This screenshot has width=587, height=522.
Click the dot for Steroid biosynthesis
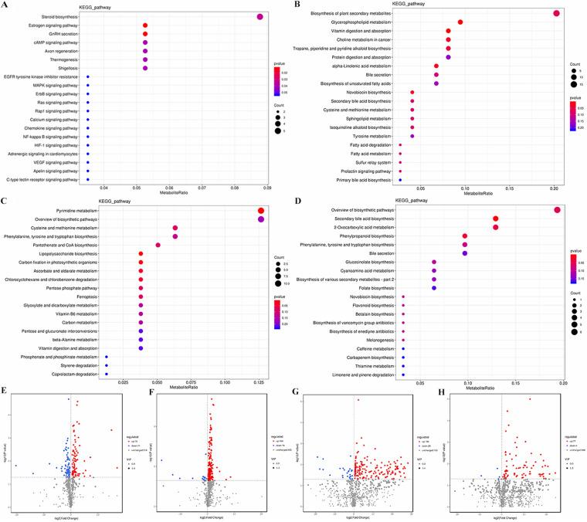[260, 17]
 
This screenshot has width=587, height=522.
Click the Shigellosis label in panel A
[68, 68]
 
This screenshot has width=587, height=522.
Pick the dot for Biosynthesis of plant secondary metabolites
[555, 13]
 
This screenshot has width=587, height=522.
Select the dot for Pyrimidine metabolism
[261, 211]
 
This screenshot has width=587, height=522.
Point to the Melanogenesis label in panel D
[374, 340]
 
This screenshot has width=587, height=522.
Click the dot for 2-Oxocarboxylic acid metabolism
[495, 227]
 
